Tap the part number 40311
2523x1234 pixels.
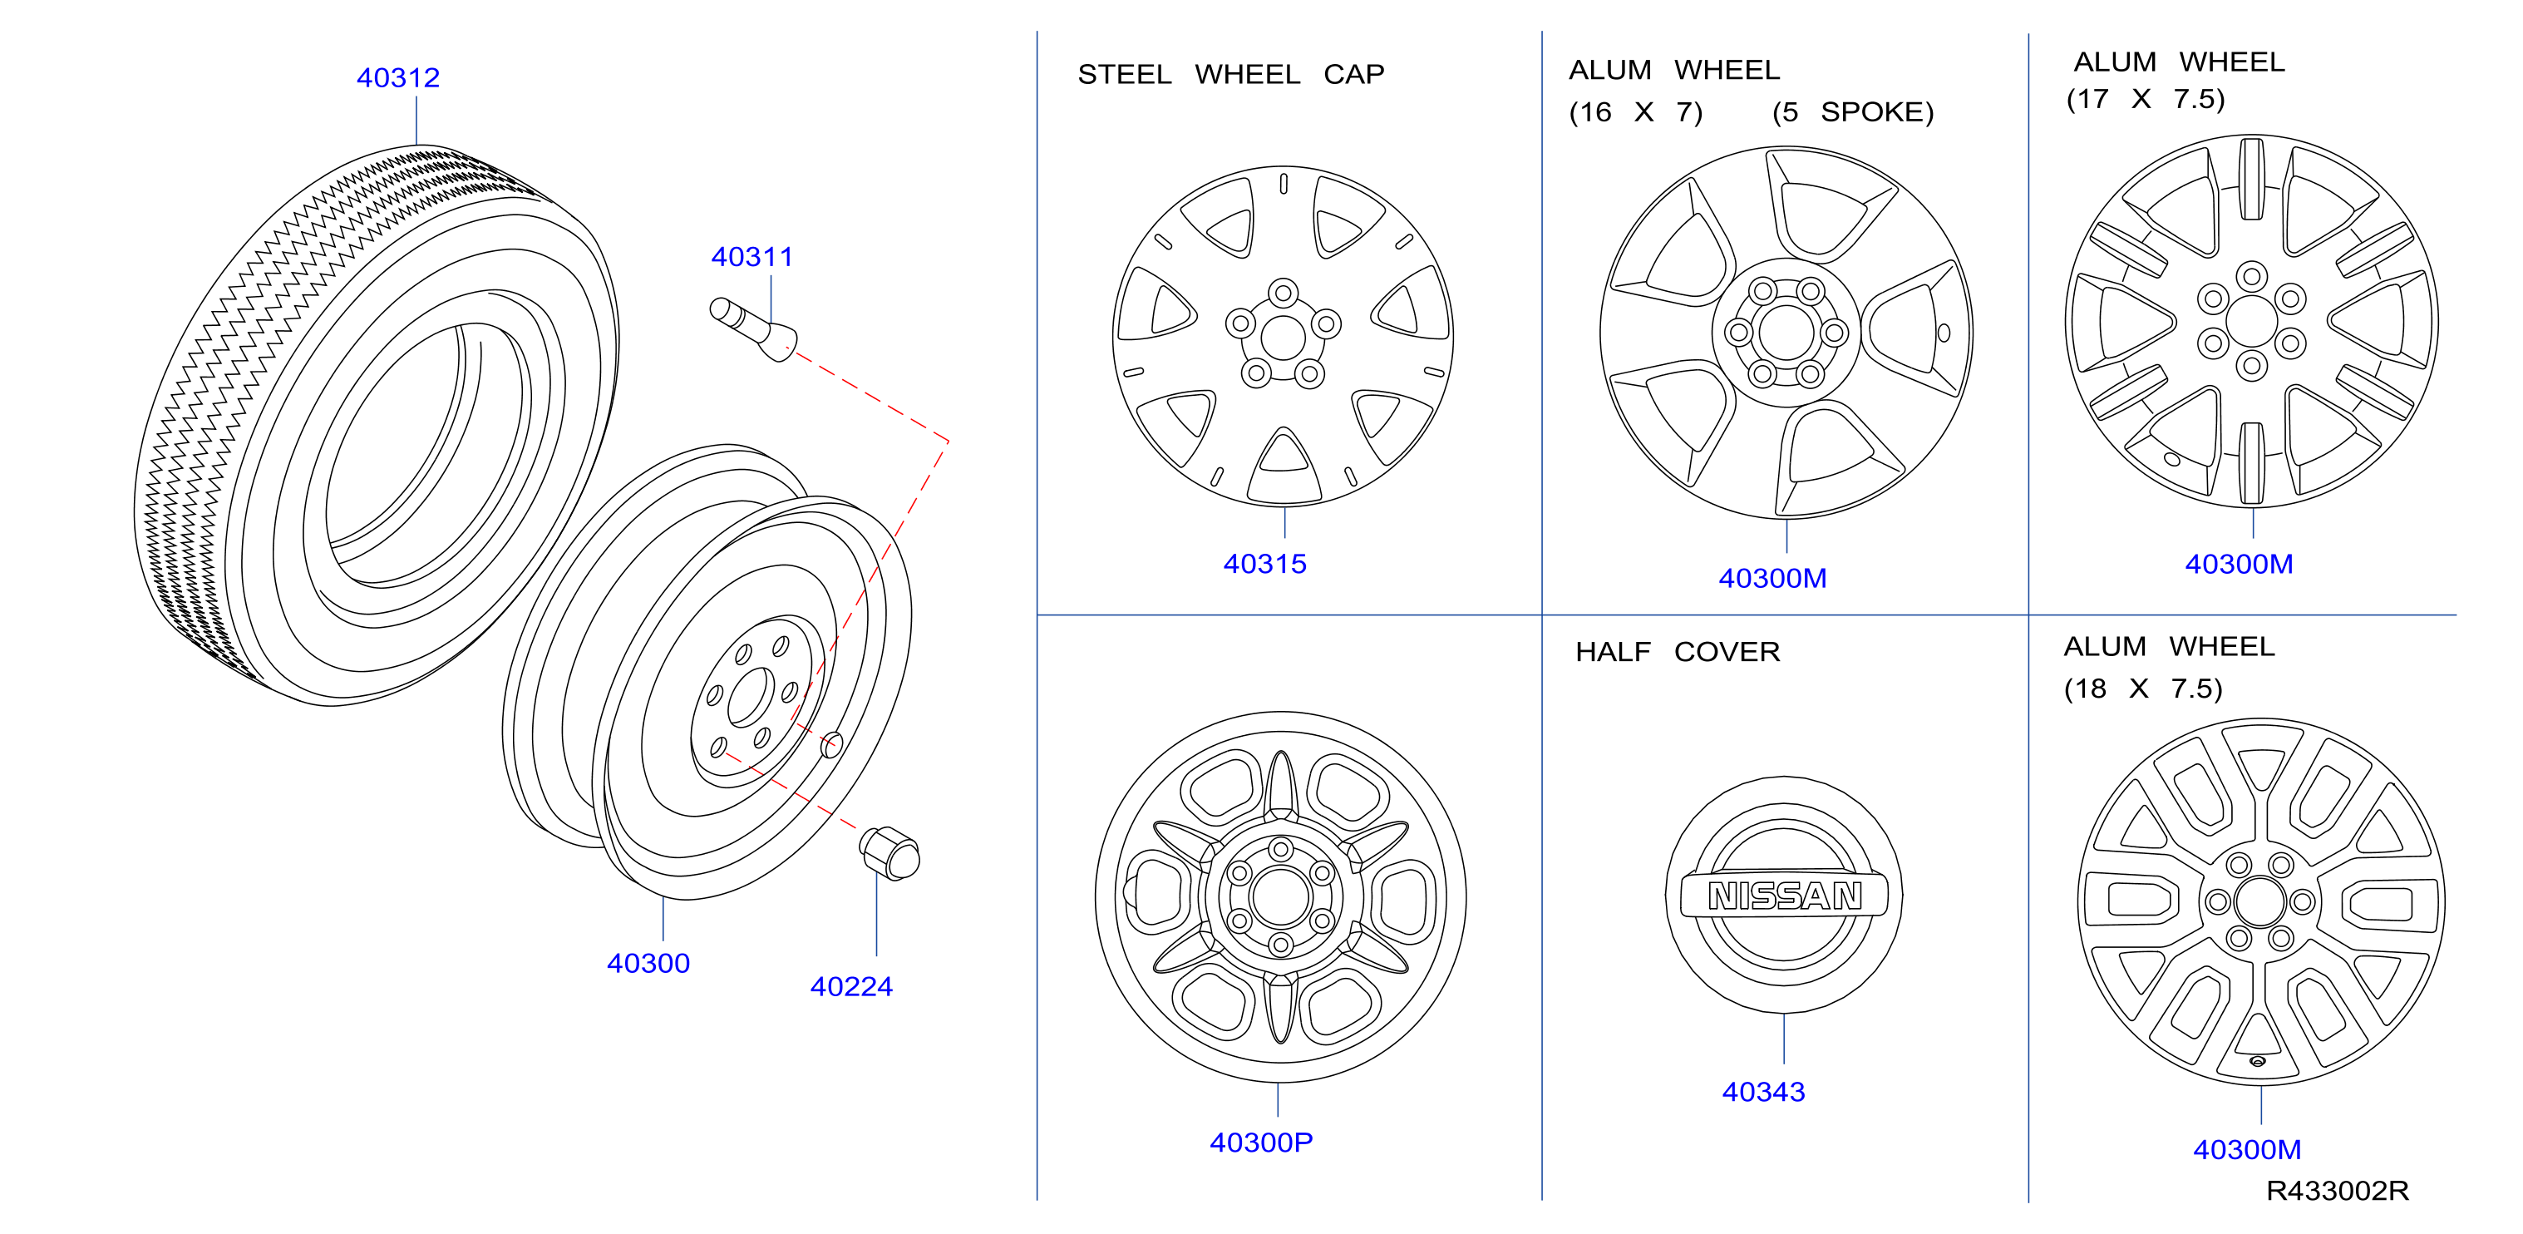point(752,257)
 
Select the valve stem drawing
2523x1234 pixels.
point(752,329)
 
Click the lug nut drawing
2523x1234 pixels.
point(889,853)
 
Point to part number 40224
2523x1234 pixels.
point(851,986)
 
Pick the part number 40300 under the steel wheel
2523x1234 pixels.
point(648,963)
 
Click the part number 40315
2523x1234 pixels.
point(1264,564)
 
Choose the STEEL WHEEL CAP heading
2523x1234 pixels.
point(1231,75)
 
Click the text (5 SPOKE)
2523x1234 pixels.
point(1853,111)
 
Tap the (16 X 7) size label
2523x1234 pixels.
point(1636,111)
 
